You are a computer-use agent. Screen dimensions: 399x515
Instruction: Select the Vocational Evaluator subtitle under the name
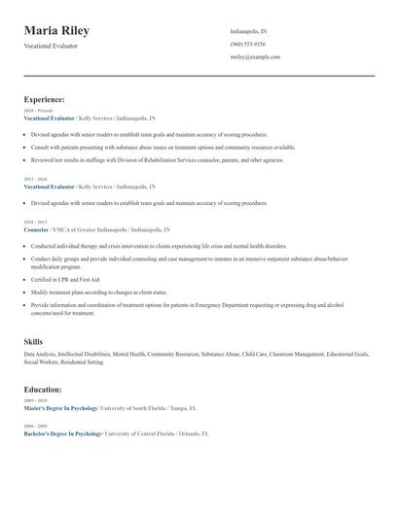(x=51, y=46)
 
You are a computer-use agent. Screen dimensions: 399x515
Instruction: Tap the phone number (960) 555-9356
(x=247, y=45)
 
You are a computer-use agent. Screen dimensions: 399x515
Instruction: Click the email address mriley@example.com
(x=255, y=57)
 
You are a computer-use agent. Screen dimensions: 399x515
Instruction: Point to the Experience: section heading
(x=44, y=99)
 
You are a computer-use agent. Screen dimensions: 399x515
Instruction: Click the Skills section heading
(x=33, y=342)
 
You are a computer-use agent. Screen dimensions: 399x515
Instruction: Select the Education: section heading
(x=43, y=390)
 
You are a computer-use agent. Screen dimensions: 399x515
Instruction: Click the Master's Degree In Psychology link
(x=62, y=408)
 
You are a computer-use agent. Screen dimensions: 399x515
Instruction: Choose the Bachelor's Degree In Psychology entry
(x=62, y=433)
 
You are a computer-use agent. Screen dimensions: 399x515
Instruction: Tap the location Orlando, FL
(x=194, y=433)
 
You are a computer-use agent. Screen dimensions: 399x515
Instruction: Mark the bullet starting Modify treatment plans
(x=99, y=292)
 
